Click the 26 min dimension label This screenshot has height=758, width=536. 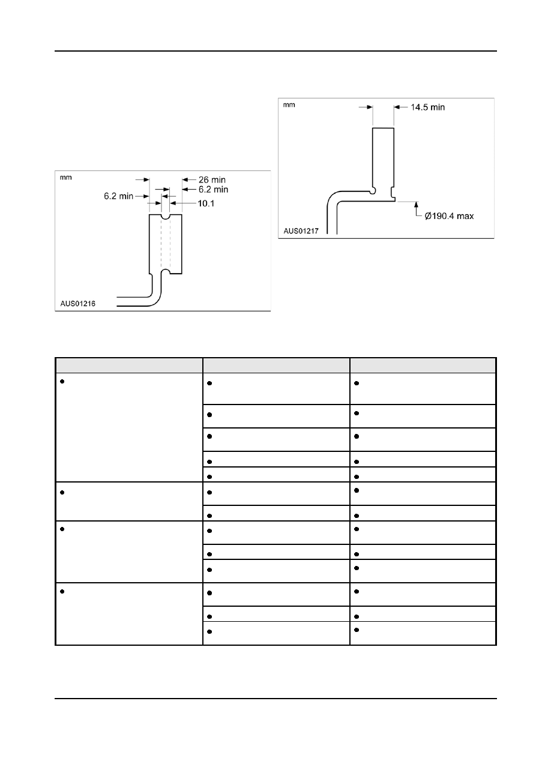click(x=212, y=179)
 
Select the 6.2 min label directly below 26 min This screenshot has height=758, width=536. click(x=213, y=190)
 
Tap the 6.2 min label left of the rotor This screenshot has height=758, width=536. click(x=118, y=196)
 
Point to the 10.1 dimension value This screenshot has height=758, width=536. click(x=206, y=203)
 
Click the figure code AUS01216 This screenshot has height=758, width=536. click(x=78, y=304)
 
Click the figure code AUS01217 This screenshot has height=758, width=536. click(x=301, y=231)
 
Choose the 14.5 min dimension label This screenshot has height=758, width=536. click(x=428, y=107)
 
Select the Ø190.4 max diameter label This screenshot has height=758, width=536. click(x=449, y=216)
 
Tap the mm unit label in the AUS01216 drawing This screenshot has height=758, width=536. click(x=65, y=178)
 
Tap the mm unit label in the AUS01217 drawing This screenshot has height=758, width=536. click(x=289, y=105)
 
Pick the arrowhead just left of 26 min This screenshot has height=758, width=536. click(x=185, y=179)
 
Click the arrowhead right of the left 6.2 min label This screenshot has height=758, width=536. click(x=146, y=196)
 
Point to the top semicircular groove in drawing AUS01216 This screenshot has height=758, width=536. click(x=166, y=217)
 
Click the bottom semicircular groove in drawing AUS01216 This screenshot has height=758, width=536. click(x=166, y=271)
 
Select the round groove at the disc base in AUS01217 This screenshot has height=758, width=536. click(x=373, y=191)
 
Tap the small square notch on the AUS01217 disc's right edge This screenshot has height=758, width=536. click(x=393, y=192)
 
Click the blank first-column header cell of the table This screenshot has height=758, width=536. click(x=129, y=365)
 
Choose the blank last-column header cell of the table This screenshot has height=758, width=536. click(x=423, y=365)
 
